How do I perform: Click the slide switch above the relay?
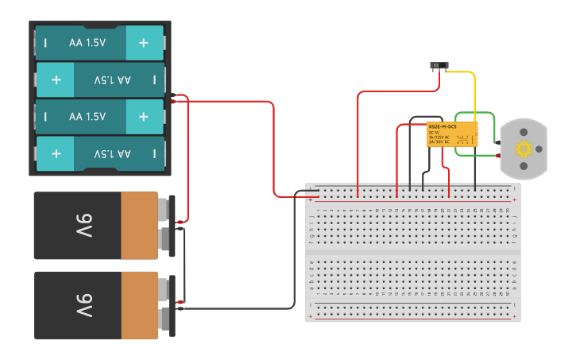click(x=437, y=65)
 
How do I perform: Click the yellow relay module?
click(x=452, y=134)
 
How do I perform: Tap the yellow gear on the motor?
click(x=523, y=149)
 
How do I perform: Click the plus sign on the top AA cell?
click(x=143, y=43)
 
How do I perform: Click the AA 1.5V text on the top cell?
click(x=87, y=43)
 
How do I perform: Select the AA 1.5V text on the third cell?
click(x=87, y=116)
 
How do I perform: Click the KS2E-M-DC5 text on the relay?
click(x=443, y=126)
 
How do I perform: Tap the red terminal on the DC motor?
click(x=498, y=144)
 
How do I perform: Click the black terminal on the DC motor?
click(x=498, y=154)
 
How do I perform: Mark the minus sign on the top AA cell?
click(x=45, y=43)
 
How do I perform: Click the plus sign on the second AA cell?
click(x=56, y=79)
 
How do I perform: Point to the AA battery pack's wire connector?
click(x=172, y=98)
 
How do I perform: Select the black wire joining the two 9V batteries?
click(x=185, y=266)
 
